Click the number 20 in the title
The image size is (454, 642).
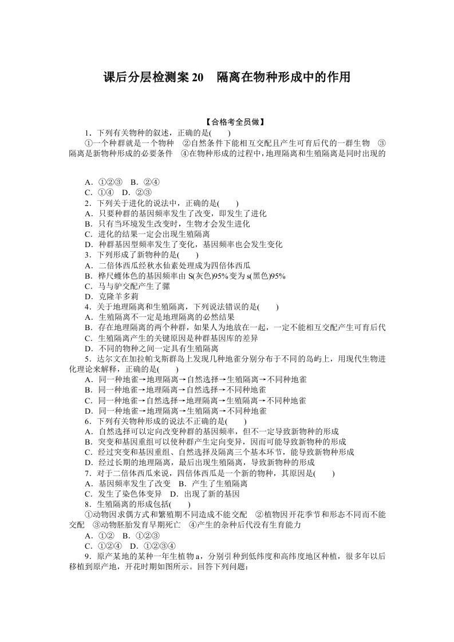(196, 77)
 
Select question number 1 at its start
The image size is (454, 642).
(87, 132)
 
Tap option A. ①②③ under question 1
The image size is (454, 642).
(104, 183)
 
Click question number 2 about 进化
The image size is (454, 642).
(87, 203)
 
